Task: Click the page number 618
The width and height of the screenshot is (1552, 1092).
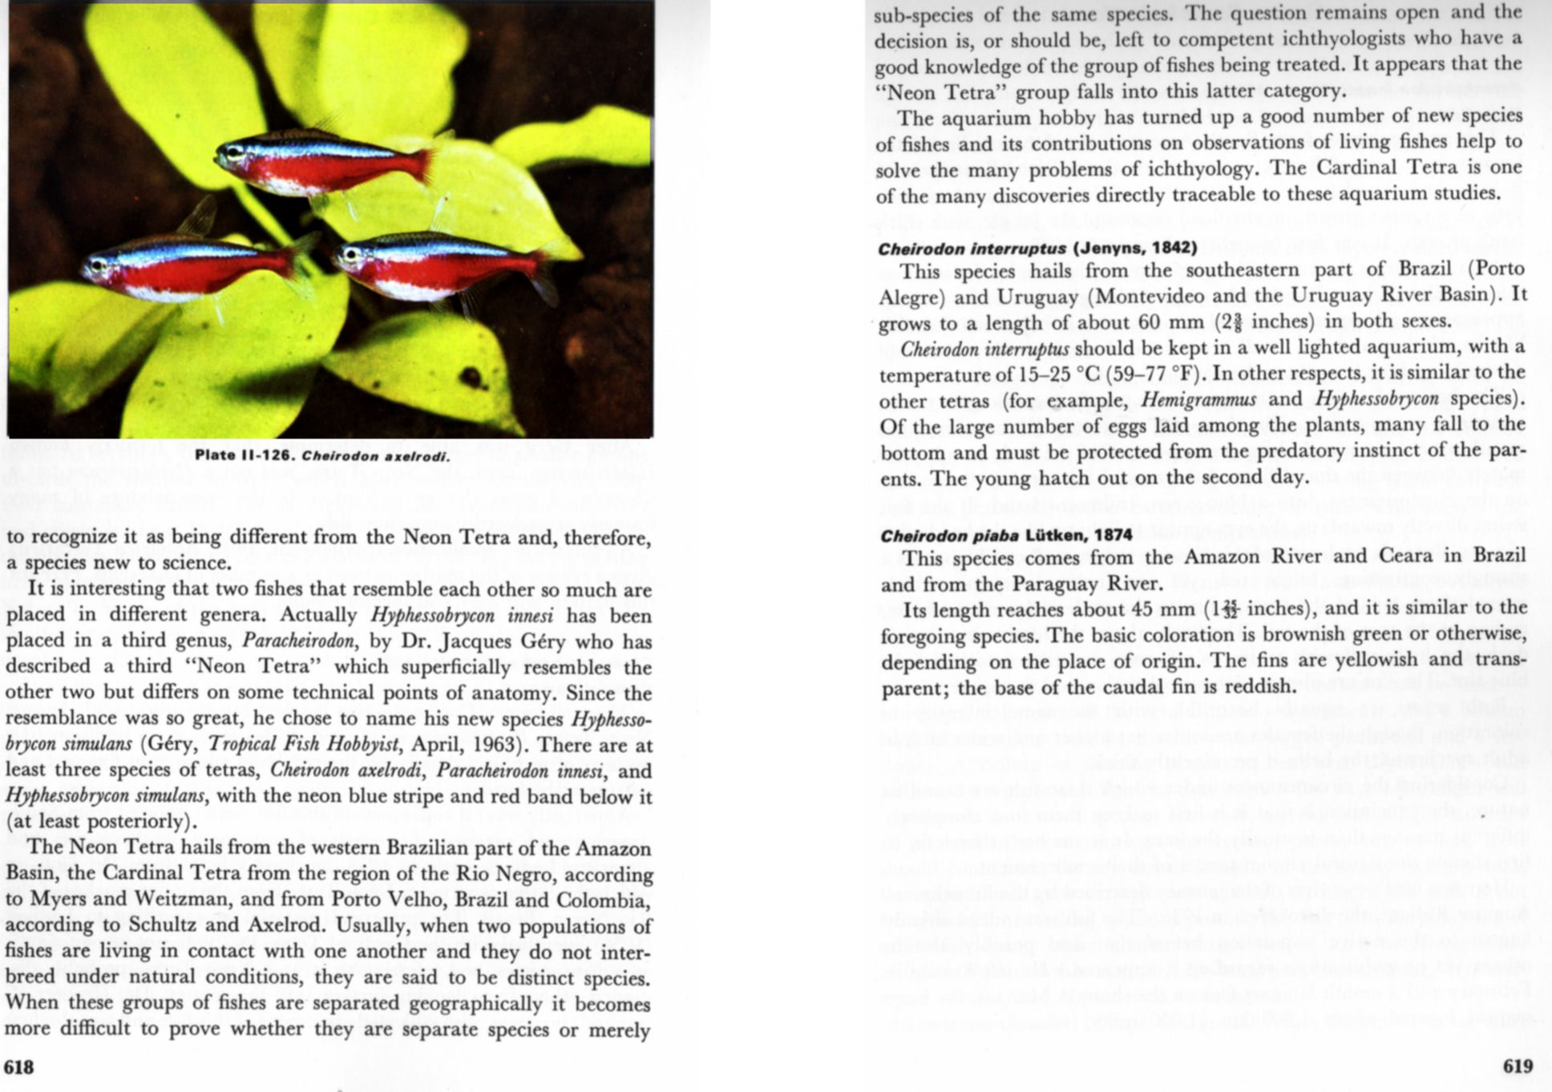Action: coord(19,1066)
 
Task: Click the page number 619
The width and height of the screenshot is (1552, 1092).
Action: coord(1518,1066)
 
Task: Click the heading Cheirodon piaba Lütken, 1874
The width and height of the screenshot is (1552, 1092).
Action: coord(1007,536)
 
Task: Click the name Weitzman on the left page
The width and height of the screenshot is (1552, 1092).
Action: coord(152,899)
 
